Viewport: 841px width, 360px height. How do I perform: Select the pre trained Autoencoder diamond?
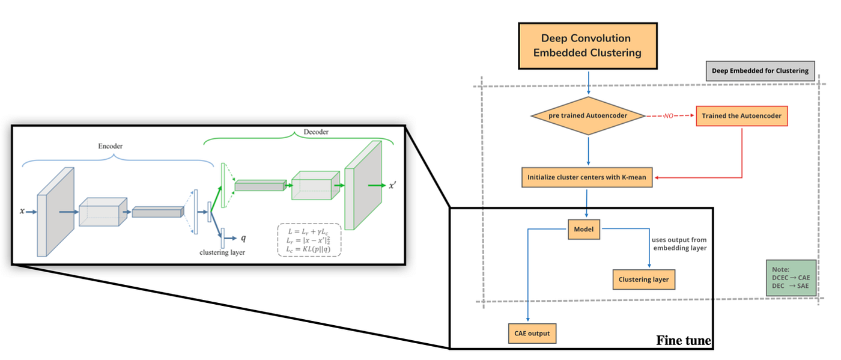587,115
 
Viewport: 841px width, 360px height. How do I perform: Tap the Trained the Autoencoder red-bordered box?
741,115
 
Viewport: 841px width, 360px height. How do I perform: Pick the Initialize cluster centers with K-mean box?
587,177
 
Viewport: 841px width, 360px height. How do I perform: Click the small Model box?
584,228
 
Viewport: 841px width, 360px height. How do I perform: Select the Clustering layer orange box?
643,279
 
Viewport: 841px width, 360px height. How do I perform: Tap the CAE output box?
532,333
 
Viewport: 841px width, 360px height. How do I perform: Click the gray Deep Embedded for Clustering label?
760,71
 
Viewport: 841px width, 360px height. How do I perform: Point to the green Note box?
791,278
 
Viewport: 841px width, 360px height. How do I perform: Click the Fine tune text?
683,341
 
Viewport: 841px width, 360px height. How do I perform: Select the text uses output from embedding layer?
679,243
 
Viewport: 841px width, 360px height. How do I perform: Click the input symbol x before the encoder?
22,212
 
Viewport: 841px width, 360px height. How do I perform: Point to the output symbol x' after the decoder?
392,186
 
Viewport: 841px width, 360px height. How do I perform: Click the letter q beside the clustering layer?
243,238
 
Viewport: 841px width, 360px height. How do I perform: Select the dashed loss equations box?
309,240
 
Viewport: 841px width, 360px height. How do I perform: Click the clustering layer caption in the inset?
222,252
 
